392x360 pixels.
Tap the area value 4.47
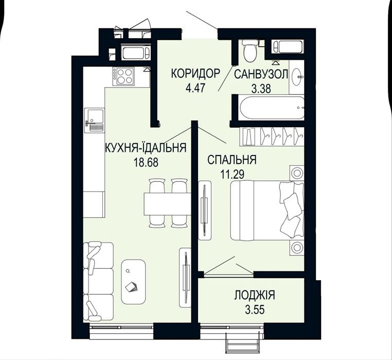coord(195,87)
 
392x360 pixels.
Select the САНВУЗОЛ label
coord(261,74)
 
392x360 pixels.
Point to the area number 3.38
coord(261,88)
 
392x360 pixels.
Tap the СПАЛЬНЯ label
coord(232,160)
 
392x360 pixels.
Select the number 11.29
coord(232,174)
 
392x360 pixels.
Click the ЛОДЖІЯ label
coord(254,296)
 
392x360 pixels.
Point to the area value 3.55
coord(254,310)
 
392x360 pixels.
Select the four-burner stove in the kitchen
coord(124,76)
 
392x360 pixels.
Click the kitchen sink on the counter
coord(94,119)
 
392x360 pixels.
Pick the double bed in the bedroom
coord(266,210)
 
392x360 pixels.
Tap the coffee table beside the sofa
coord(133,283)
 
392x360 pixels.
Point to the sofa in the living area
coord(99,281)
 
